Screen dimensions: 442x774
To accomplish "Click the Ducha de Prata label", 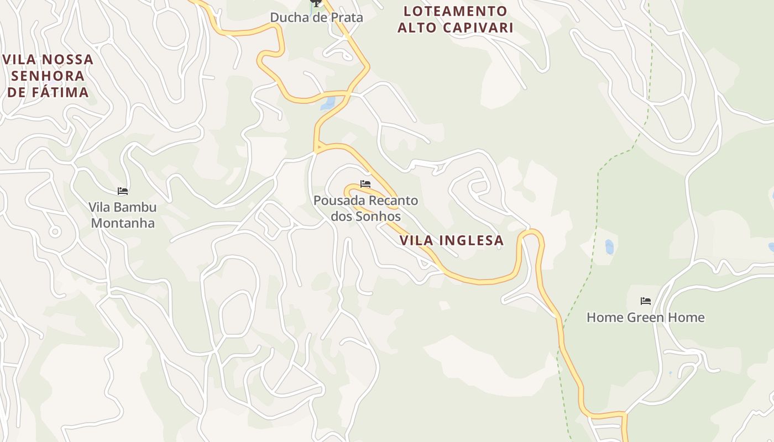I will coord(316,17).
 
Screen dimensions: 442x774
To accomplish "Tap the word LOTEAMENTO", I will coord(456,11).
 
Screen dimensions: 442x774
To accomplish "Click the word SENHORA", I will coord(48,76).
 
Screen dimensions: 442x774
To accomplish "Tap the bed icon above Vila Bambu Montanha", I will coord(123,191).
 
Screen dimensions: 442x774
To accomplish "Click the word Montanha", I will coord(123,223).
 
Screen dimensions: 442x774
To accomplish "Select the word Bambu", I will coord(138,207).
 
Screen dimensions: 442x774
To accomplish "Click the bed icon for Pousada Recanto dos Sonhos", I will coord(365,184).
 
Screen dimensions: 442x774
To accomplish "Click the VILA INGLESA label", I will coord(452,240).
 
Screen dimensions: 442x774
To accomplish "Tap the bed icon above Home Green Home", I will coord(645,301).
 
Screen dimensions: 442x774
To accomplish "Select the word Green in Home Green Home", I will coord(646,317).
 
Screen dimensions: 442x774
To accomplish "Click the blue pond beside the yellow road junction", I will coord(328,103).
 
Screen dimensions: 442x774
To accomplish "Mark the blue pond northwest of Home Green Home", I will coord(609,246).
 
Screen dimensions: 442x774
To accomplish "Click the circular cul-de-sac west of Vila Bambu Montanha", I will coord(55,231).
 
